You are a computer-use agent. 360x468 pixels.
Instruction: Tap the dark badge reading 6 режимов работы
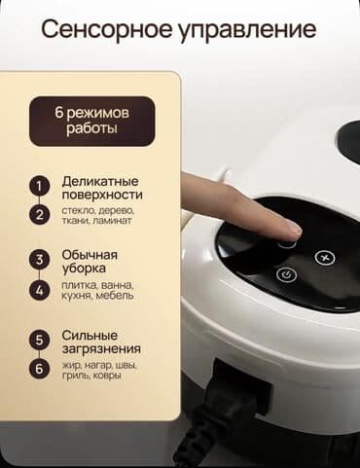pyautogui.click(x=91, y=121)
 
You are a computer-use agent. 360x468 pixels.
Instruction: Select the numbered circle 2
pyautogui.click(x=39, y=214)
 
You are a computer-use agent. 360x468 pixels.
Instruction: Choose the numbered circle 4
pyautogui.click(x=39, y=289)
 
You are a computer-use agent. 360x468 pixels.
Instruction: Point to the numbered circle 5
pyautogui.click(x=39, y=340)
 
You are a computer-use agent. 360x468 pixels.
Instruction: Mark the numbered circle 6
pyautogui.click(x=39, y=368)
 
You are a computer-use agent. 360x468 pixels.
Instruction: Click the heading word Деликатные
pyautogui.click(x=99, y=181)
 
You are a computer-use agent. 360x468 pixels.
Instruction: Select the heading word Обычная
pyautogui.click(x=90, y=256)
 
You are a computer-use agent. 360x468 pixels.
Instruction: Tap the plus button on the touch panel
pyautogui.click(x=326, y=258)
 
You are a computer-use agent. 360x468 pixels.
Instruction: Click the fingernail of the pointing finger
pyautogui.click(x=292, y=228)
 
